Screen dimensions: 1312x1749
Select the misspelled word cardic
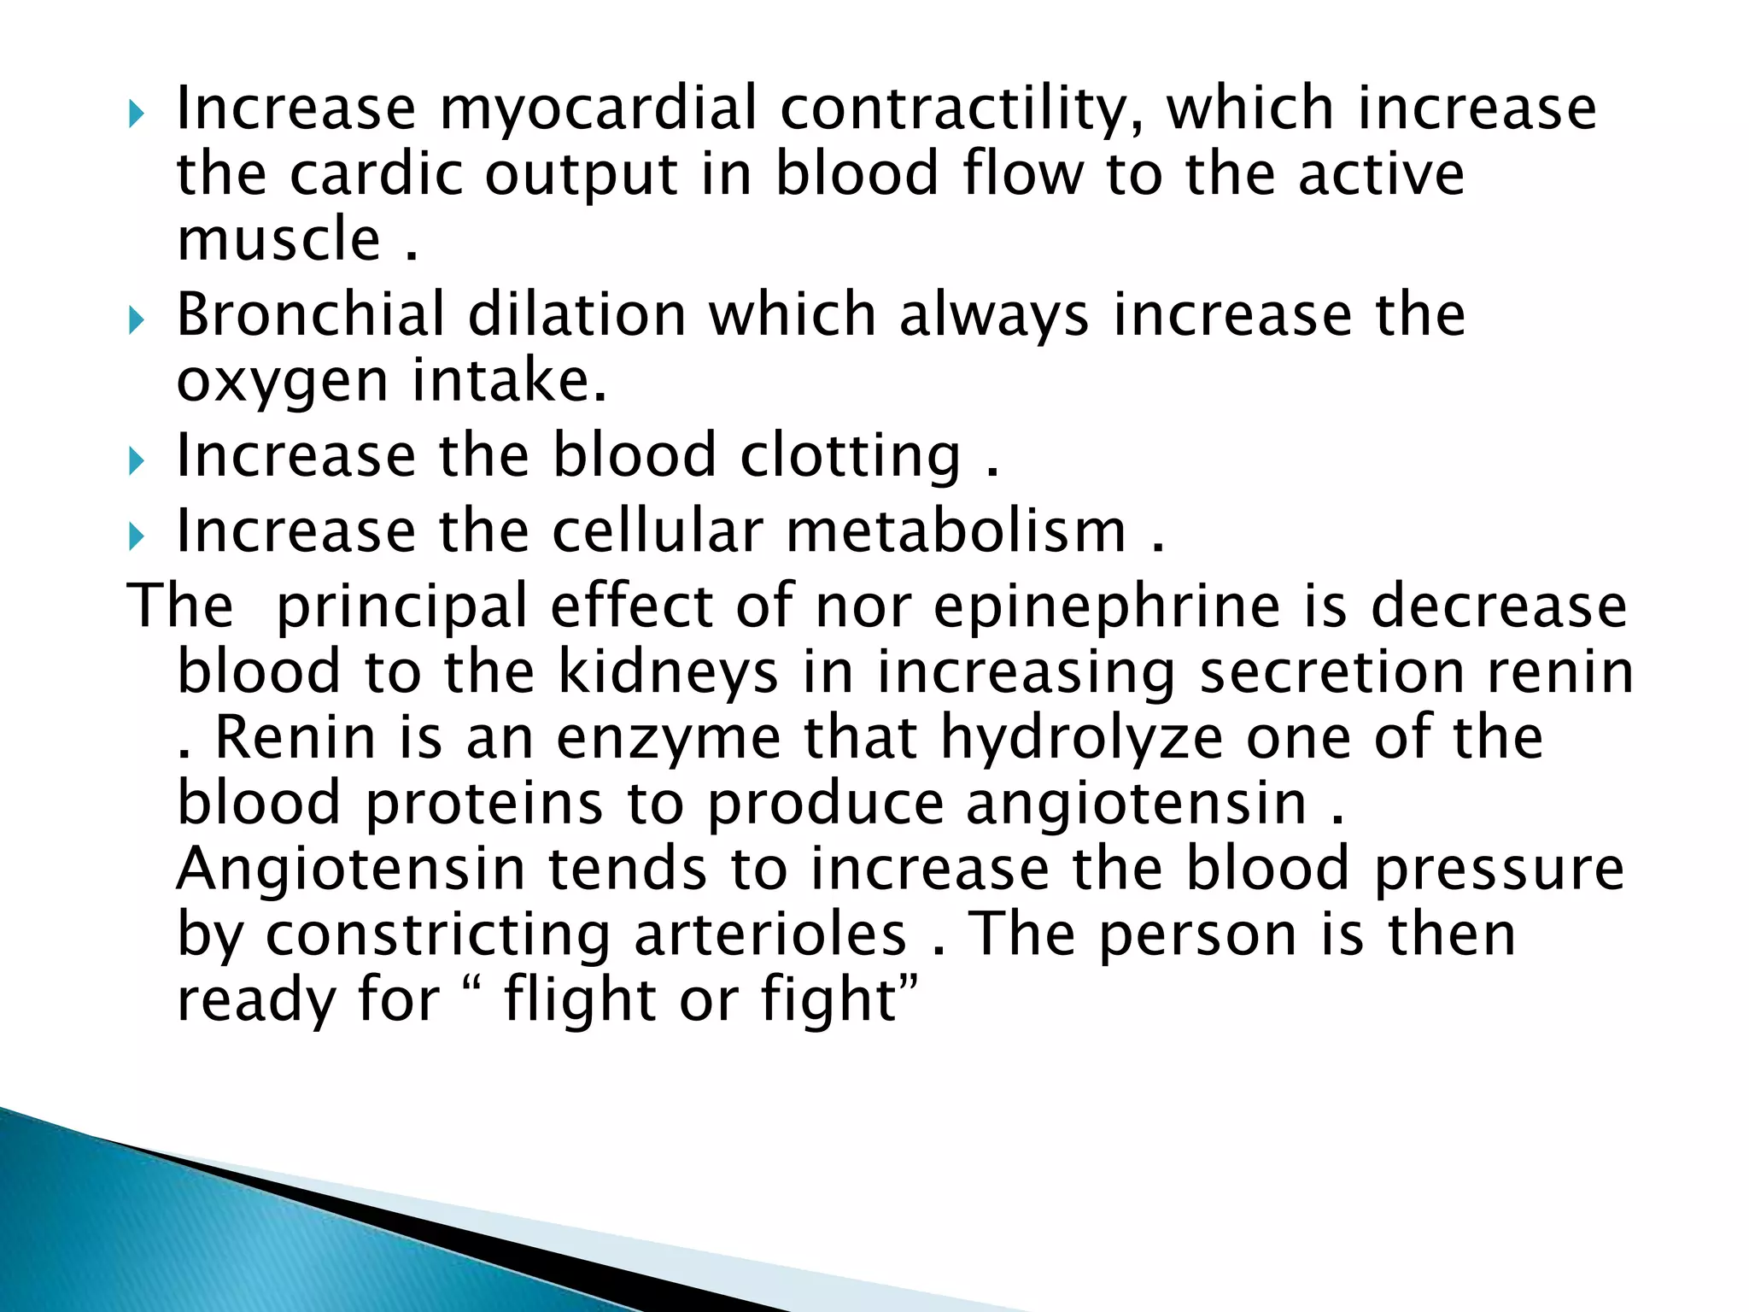click(x=376, y=174)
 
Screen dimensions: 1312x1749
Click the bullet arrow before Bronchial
click(x=137, y=322)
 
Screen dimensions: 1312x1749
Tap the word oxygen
click(x=283, y=381)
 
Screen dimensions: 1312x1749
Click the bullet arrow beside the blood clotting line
click(x=137, y=463)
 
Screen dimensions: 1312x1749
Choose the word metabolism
click(x=956, y=531)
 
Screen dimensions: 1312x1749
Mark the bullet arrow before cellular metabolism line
click(x=137, y=538)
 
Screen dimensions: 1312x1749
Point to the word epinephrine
click(x=1107, y=606)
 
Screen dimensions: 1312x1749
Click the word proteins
click(x=484, y=803)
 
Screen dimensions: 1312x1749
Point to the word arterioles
click(x=770, y=934)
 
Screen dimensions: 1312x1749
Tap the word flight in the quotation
click(x=580, y=999)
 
